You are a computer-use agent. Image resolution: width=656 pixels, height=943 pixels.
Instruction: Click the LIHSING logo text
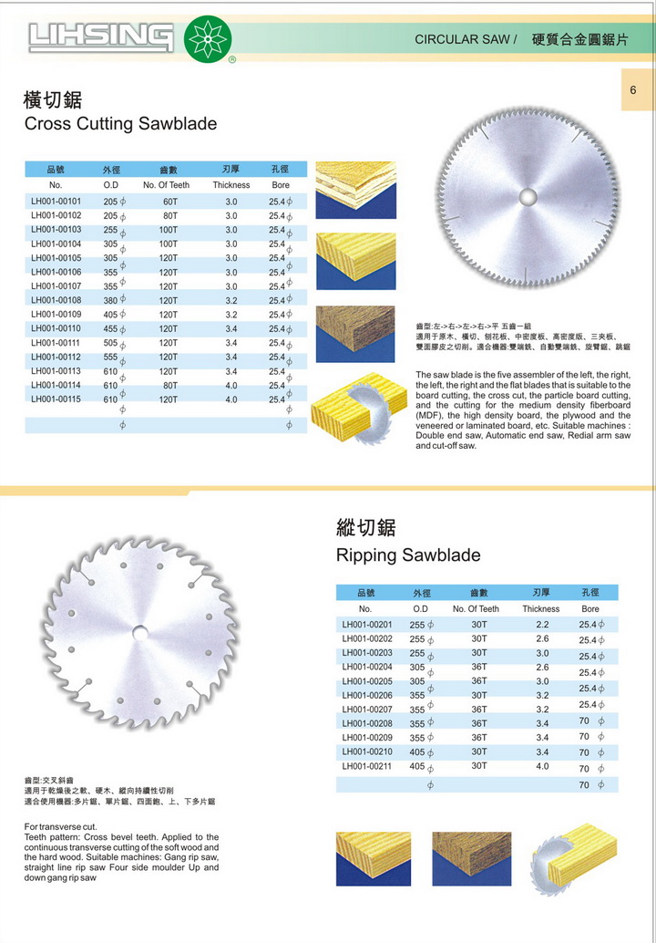(100, 38)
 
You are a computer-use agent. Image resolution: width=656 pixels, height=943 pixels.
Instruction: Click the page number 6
(631, 90)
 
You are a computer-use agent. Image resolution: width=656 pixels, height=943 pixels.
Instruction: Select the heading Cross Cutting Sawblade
(119, 123)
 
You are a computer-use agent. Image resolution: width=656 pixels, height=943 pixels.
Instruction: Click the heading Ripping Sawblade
(408, 554)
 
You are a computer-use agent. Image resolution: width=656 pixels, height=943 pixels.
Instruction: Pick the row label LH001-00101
(56, 201)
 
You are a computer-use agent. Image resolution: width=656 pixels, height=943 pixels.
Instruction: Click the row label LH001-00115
(56, 399)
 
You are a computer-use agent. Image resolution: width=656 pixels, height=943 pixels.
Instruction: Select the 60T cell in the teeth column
(169, 201)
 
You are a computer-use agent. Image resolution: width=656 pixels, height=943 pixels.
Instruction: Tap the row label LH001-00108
(56, 300)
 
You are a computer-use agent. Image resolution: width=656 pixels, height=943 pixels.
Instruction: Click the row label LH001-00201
(367, 625)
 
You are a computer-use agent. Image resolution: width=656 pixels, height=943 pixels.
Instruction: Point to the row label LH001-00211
(367, 766)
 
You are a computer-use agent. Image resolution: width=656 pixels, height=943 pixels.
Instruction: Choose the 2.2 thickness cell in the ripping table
(542, 625)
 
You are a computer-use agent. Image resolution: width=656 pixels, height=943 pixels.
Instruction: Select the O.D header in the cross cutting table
(110, 185)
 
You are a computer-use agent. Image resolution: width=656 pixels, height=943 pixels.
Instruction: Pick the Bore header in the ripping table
(590, 608)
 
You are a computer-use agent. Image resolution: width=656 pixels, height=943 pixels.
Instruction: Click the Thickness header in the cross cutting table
(231, 185)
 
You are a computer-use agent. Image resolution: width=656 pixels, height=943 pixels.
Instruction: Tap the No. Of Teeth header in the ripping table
(476, 608)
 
